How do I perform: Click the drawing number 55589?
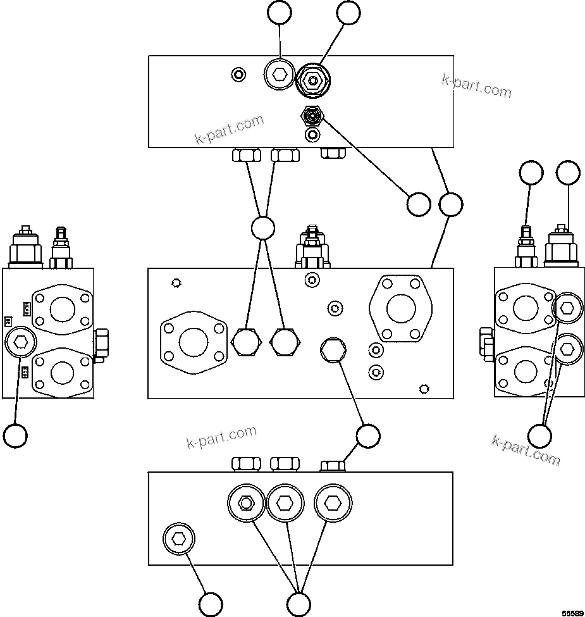pyautogui.click(x=572, y=612)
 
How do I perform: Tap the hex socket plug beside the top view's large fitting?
pyautogui.click(x=279, y=75)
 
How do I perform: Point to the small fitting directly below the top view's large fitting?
pyautogui.click(x=312, y=115)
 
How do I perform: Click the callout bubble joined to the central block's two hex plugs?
pyautogui.click(x=262, y=228)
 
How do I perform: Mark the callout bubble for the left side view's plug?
pyautogui.click(x=15, y=435)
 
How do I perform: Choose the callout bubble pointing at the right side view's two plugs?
pyautogui.click(x=539, y=435)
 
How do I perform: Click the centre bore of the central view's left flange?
pyautogui.click(x=194, y=342)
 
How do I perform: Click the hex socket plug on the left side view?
pyautogui.click(x=20, y=342)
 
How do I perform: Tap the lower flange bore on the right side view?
pyautogui.click(x=526, y=370)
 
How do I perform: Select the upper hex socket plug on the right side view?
pyautogui.click(x=567, y=308)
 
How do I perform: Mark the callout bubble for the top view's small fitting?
pyautogui.click(x=418, y=204)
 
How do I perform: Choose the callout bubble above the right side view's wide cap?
pyautogui.click(x=568, y=173)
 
